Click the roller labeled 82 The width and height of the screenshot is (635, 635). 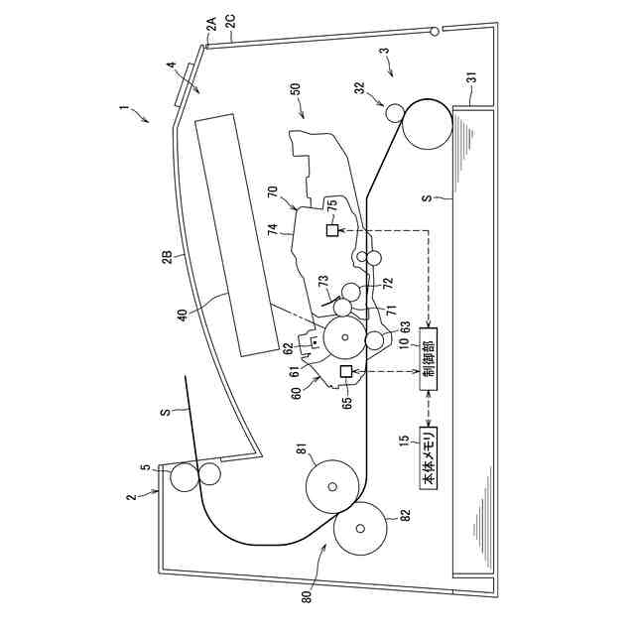(x=359, y=530)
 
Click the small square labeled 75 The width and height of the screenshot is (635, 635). (x=332, y=230)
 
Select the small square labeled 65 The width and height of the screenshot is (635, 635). (x=346, y=371)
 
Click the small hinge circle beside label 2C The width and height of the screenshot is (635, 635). (x=436, y=32)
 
